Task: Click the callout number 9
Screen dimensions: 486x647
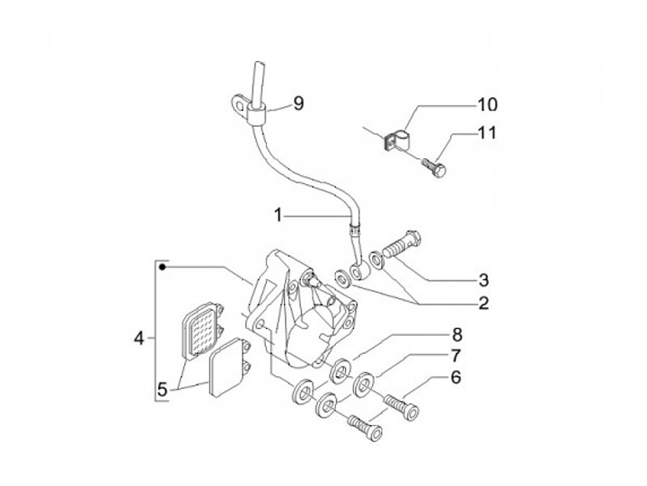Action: click(298, 103)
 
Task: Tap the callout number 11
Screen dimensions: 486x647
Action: click(486, 133)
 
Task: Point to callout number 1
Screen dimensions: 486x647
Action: click(279, 215)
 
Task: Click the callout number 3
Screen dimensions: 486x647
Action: click(483, 278)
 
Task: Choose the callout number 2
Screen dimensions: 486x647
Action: click(483, 303)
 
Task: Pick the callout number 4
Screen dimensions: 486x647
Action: click(138, 339)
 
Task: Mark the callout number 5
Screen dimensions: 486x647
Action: click(163, 390)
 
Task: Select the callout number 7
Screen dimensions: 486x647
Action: click(456, 357)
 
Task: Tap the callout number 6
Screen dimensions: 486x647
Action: click(456, 378)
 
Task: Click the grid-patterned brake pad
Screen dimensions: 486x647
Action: click(202, 330)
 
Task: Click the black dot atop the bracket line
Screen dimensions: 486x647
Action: click(161, 267)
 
